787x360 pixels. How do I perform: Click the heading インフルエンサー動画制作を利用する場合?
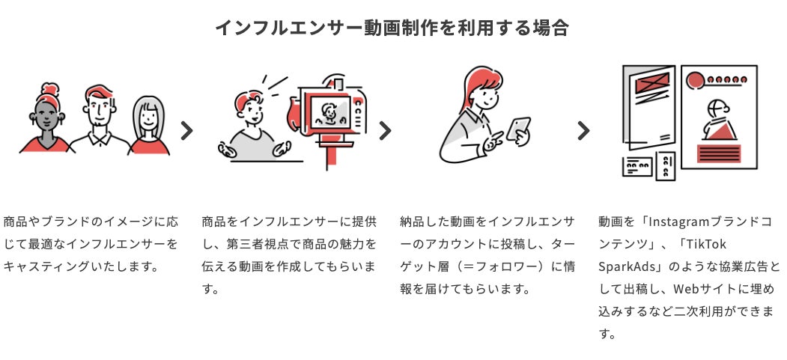pos(392,28)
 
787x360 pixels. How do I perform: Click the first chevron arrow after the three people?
pos(187,131)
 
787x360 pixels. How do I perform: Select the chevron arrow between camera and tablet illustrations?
pos(385,131)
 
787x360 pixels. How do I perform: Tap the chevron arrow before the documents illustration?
pos(583,131)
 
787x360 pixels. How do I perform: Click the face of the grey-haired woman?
pos(148,118)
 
